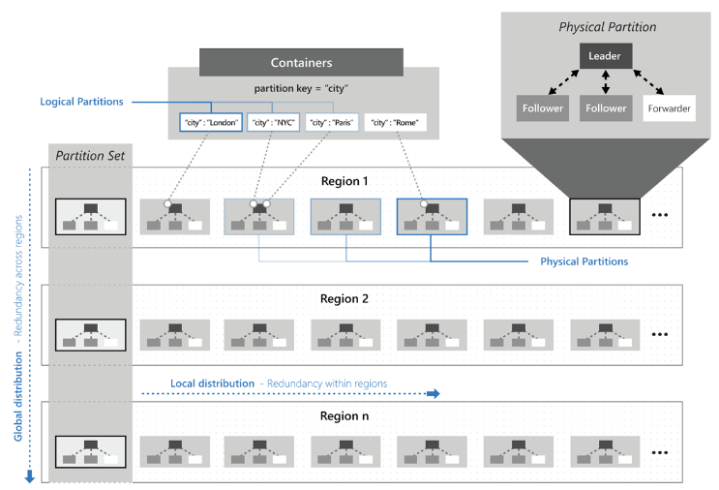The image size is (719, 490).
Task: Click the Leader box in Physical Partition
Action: [x=606, y=56]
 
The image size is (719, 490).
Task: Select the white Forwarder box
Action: [x=668, y=107]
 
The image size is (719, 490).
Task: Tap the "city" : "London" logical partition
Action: [x=210, y=123]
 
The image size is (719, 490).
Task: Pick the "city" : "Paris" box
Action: [x=331, y=123]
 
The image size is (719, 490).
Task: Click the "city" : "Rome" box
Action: [x=395, y=123]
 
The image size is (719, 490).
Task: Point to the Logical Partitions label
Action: [x=80, y=102]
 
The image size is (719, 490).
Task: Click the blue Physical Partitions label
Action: [x=584, y=261]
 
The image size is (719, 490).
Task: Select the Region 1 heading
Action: [x=345, y=180]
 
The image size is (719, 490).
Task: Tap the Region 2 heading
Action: [x=345, y=299]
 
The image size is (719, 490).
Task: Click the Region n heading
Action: [x=345, y=416]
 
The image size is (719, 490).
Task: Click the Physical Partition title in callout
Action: [x=607, y=26]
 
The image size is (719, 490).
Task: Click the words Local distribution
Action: [x=213, y=383]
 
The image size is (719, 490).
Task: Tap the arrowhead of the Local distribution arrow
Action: [x=434, y=393]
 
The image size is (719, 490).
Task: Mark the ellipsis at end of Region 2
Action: [x=661, y=334]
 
